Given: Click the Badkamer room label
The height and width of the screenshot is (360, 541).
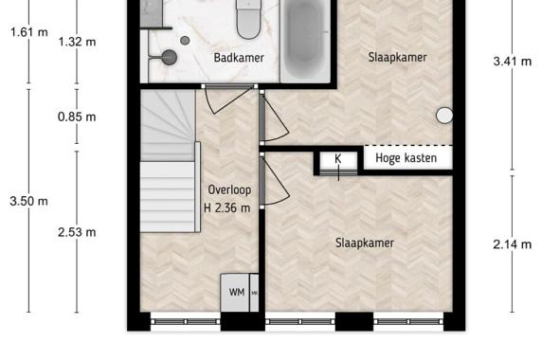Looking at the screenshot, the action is coord(239,58).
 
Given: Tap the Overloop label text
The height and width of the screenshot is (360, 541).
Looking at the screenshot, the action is coord(229,190).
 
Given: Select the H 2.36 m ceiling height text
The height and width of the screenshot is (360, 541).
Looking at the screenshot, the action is coord(227,207).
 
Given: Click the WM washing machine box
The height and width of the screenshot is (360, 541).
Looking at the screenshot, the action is coord(235,293).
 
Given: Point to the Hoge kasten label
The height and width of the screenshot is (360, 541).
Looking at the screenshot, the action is coord(406,158).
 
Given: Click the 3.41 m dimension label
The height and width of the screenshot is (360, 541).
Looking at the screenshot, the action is coord(513,62).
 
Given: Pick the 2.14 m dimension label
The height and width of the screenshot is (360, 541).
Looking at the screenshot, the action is coord(513,244).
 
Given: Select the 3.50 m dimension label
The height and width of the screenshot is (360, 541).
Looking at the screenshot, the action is coord(28,201).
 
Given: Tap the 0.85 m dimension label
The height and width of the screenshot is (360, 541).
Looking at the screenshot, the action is coord(77,117).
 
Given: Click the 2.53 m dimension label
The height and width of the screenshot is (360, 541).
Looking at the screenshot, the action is coord(77,232).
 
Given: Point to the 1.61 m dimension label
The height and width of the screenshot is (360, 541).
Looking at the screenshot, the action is coord(29,32).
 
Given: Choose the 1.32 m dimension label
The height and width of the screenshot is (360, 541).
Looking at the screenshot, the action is coord(77,42).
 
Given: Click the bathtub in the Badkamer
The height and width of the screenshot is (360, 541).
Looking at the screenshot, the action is coord(305,38).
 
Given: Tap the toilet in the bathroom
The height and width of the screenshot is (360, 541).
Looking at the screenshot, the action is coord(248,19).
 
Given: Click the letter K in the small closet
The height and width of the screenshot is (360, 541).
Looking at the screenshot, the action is coord(338,159).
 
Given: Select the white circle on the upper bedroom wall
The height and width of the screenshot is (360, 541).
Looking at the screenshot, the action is coord(444,116).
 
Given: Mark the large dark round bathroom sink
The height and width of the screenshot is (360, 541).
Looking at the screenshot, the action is coord(170,57).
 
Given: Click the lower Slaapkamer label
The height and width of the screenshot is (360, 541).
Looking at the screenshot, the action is coord(365,243).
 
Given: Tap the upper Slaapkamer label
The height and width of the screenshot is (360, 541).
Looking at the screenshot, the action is coord(398,57).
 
